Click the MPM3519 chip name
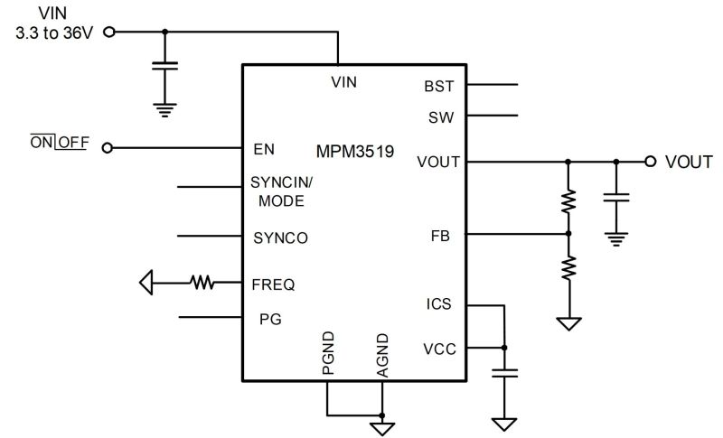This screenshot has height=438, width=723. pyautogui.click(x=354, y=152)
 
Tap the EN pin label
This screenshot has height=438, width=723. pyautogui.click(x=264, y=149)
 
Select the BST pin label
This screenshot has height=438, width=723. pyautogui.click(x=438, y=86)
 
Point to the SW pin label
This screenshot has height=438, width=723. pyautogui.click(x=441, y=117)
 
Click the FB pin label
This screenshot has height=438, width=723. pyautogui.click(x=440, y=236)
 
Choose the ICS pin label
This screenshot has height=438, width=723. pyautogui.click(x=438, y=304)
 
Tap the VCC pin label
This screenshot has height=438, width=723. pyautogui.click(x=439, y=349)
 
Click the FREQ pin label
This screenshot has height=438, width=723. pyautogui.click(x=273, y=284)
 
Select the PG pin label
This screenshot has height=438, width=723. pyautogui.click(x=270, y=319)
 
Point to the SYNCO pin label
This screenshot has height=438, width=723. pyautogui.click(x=280, y=238)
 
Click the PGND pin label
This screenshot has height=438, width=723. pyautogui.click(x=328, y=353)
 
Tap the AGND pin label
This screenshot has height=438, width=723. pyautogui.click(x=382, y=356)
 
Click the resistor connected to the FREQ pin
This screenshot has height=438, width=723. pyautogui.click(x=202, y=283)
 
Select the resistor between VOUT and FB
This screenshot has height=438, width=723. pyautogui.click(x=568, y=201)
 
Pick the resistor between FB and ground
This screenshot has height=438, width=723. pyautogui.click(x=568, y=268)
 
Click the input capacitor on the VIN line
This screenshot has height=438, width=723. pyautogui.click(x=164, y=66)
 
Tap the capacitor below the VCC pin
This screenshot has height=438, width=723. pyautogui.click(x=504, y=373)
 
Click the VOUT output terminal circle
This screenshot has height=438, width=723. pyautogui.click(x=650, y=161)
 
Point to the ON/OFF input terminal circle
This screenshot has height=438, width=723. pyautogui.click(x=107, y=148)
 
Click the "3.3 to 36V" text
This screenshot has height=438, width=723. pyautogui.click(x=54, y=33)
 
